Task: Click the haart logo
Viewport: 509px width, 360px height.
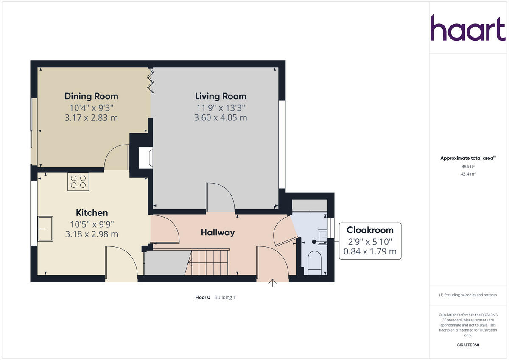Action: pos(468,28)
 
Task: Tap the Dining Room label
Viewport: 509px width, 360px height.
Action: pos(91,96)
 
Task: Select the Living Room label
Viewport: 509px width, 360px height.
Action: pos(221,96)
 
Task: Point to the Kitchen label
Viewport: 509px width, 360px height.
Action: pos(92,213)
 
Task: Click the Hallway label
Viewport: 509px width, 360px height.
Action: pos(218,232)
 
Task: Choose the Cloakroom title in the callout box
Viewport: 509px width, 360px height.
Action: pos(370,230)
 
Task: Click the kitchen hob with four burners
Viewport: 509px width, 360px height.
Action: pos(78,182)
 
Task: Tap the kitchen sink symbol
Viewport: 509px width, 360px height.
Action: pos(45,229)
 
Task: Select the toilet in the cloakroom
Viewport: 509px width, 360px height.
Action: pos(314,260)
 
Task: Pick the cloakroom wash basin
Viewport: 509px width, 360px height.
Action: pos(322,237)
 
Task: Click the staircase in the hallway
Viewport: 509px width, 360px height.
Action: pos(209,262)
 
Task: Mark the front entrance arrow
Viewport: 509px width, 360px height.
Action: pos(272,283)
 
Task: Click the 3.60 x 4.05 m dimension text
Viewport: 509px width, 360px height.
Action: pos(221,117)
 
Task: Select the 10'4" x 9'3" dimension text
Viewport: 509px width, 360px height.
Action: pos(91,108)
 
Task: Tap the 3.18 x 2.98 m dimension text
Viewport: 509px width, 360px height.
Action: pos(92,234)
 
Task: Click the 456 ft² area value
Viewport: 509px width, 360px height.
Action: pos(468,167)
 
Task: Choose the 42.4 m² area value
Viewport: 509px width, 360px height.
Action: pos(468,174)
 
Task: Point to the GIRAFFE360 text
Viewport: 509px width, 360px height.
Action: pos(468,345)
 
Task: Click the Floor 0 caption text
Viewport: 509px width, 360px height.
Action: pos(203,297)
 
